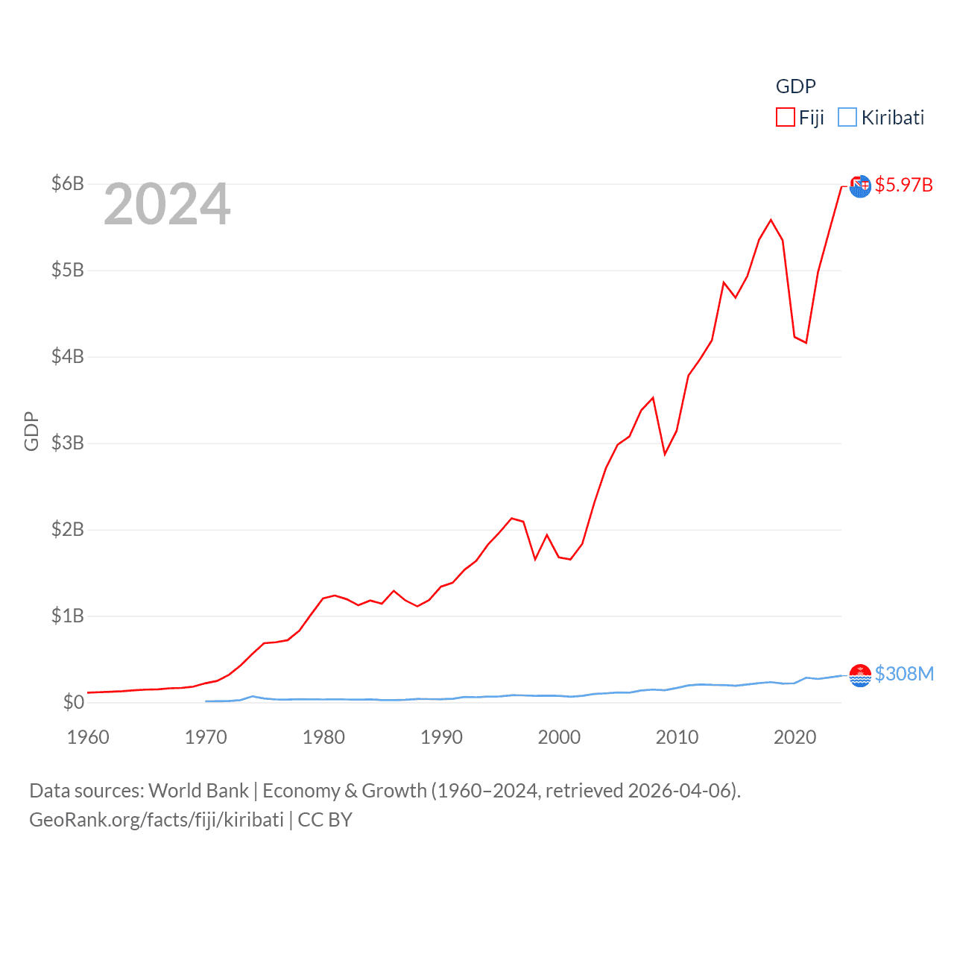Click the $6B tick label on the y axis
[x=67, y=183]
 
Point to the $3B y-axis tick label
[x=67, y=443]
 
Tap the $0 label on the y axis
[x=73, y=702]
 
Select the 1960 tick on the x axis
[x=88, y=737]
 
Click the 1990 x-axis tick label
[x=441, y=737]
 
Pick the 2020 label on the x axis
[x=795, y=737]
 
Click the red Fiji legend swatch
[x=786, y=117]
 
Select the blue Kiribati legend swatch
[x=847, y=117]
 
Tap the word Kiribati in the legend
[x=893, y=118]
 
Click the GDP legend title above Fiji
[x=796, y=86]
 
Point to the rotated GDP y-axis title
[x=31, y=431]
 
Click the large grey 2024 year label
[x=167, y=204]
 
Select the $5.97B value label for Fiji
[x=903, y=185]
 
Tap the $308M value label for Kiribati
[x=904, y=674]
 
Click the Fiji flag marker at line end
[x=860, y=186]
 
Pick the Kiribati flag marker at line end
[x=860, y=675]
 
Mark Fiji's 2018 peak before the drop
[x=771, y=220]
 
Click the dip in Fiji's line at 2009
[x=665, y=454]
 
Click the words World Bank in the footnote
[x=198, y=791]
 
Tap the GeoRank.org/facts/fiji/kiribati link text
[x=157, y=820]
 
